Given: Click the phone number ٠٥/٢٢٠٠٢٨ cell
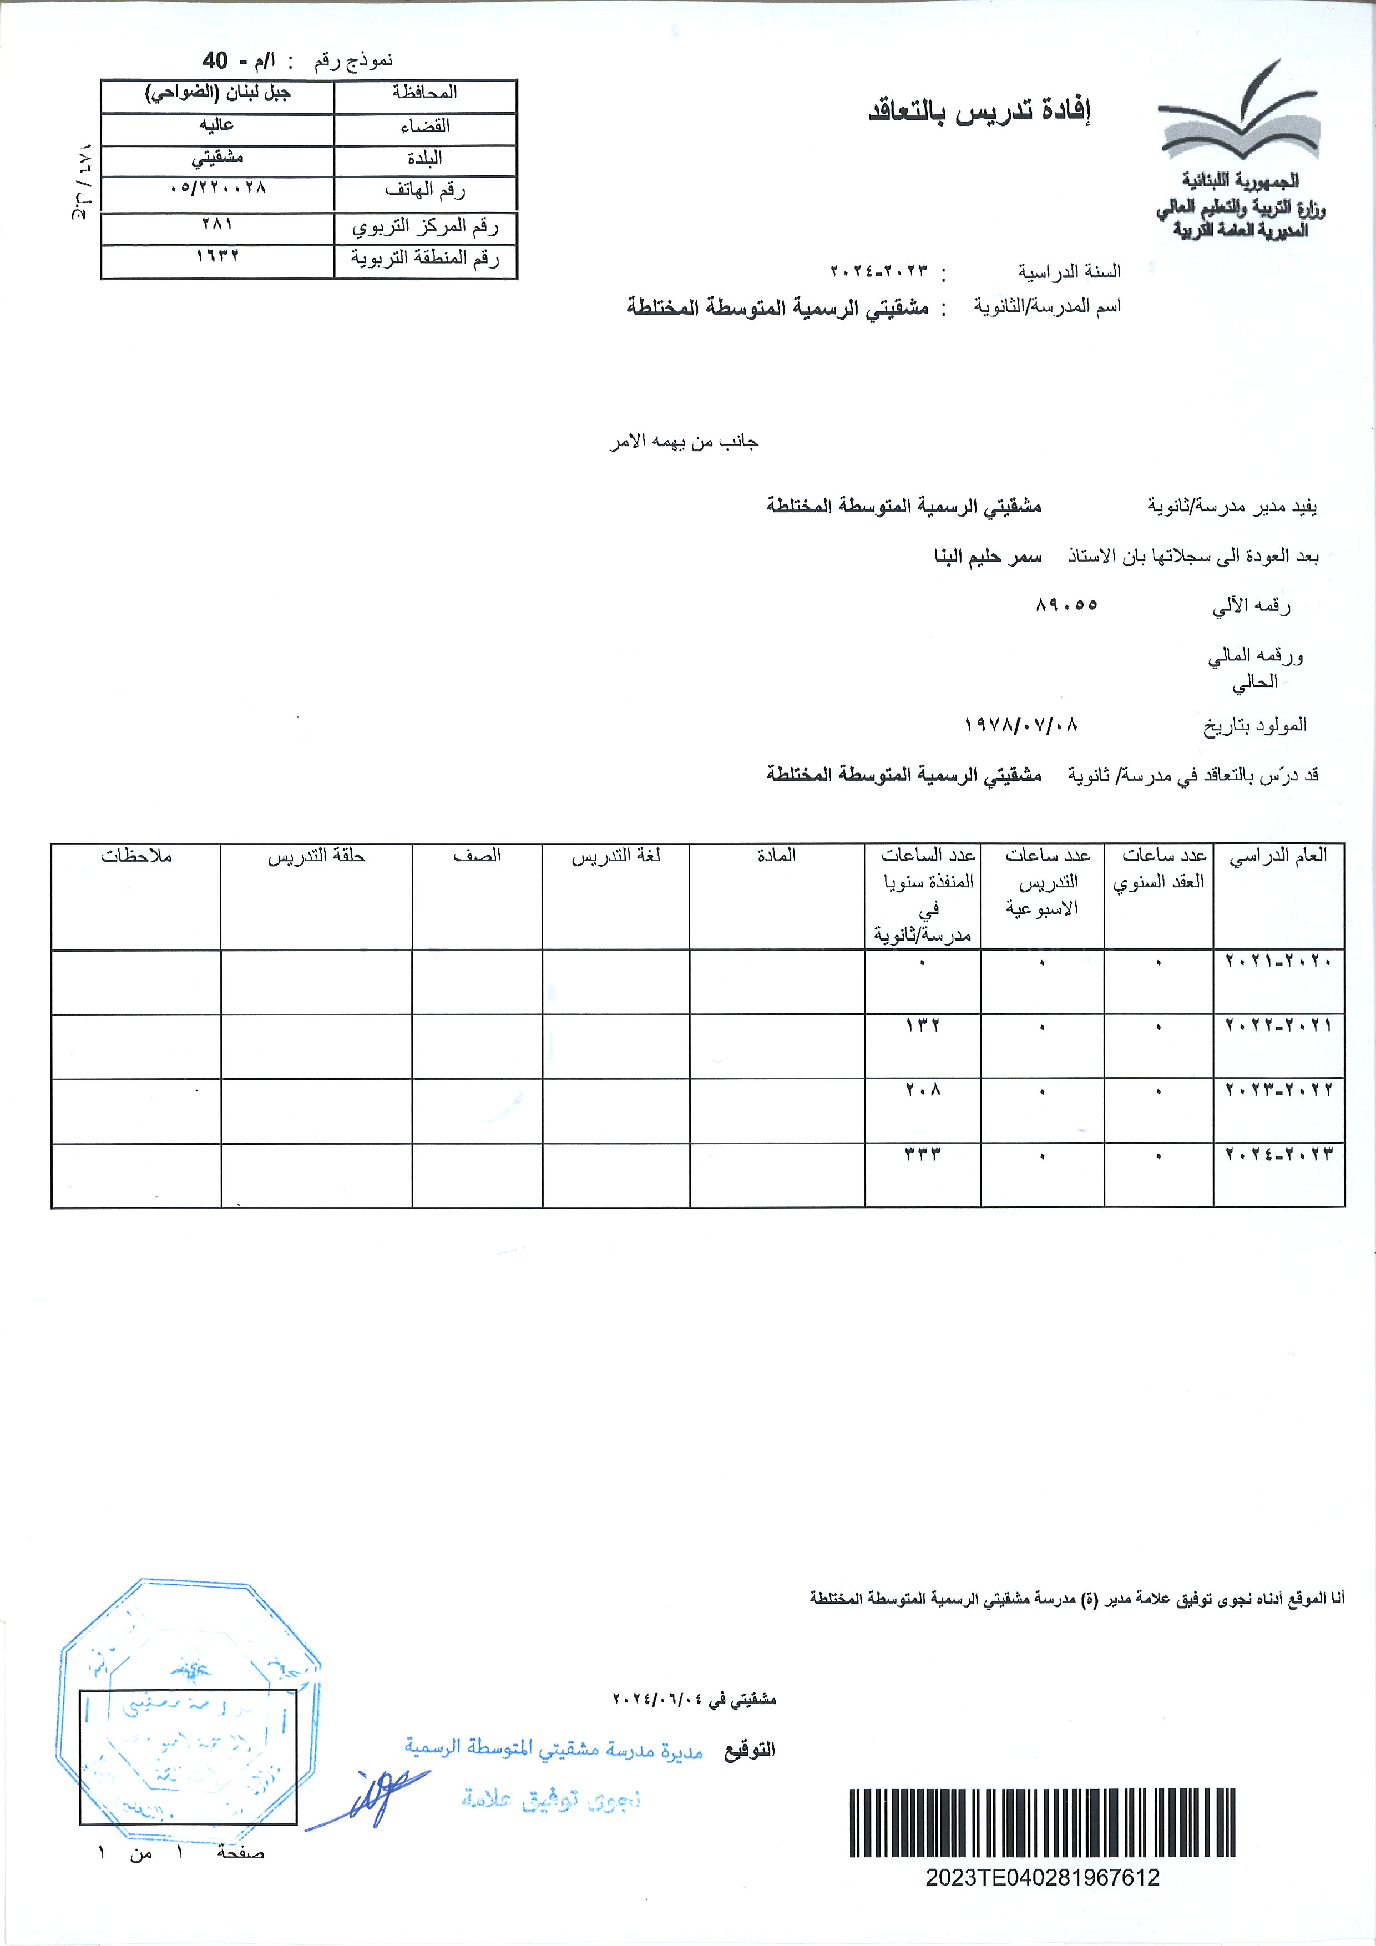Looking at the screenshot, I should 217,188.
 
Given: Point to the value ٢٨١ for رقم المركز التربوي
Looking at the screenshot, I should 217,225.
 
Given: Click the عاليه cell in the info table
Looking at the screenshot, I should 217,125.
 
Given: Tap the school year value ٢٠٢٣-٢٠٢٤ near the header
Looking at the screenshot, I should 879,272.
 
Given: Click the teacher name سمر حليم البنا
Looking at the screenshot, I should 988,557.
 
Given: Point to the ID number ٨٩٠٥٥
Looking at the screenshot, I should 1066,605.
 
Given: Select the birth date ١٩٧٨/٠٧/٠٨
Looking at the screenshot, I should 1021,725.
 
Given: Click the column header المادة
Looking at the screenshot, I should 776,856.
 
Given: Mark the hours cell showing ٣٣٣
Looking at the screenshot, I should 923,1154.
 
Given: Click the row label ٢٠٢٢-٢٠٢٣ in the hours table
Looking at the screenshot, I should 1278,1090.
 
